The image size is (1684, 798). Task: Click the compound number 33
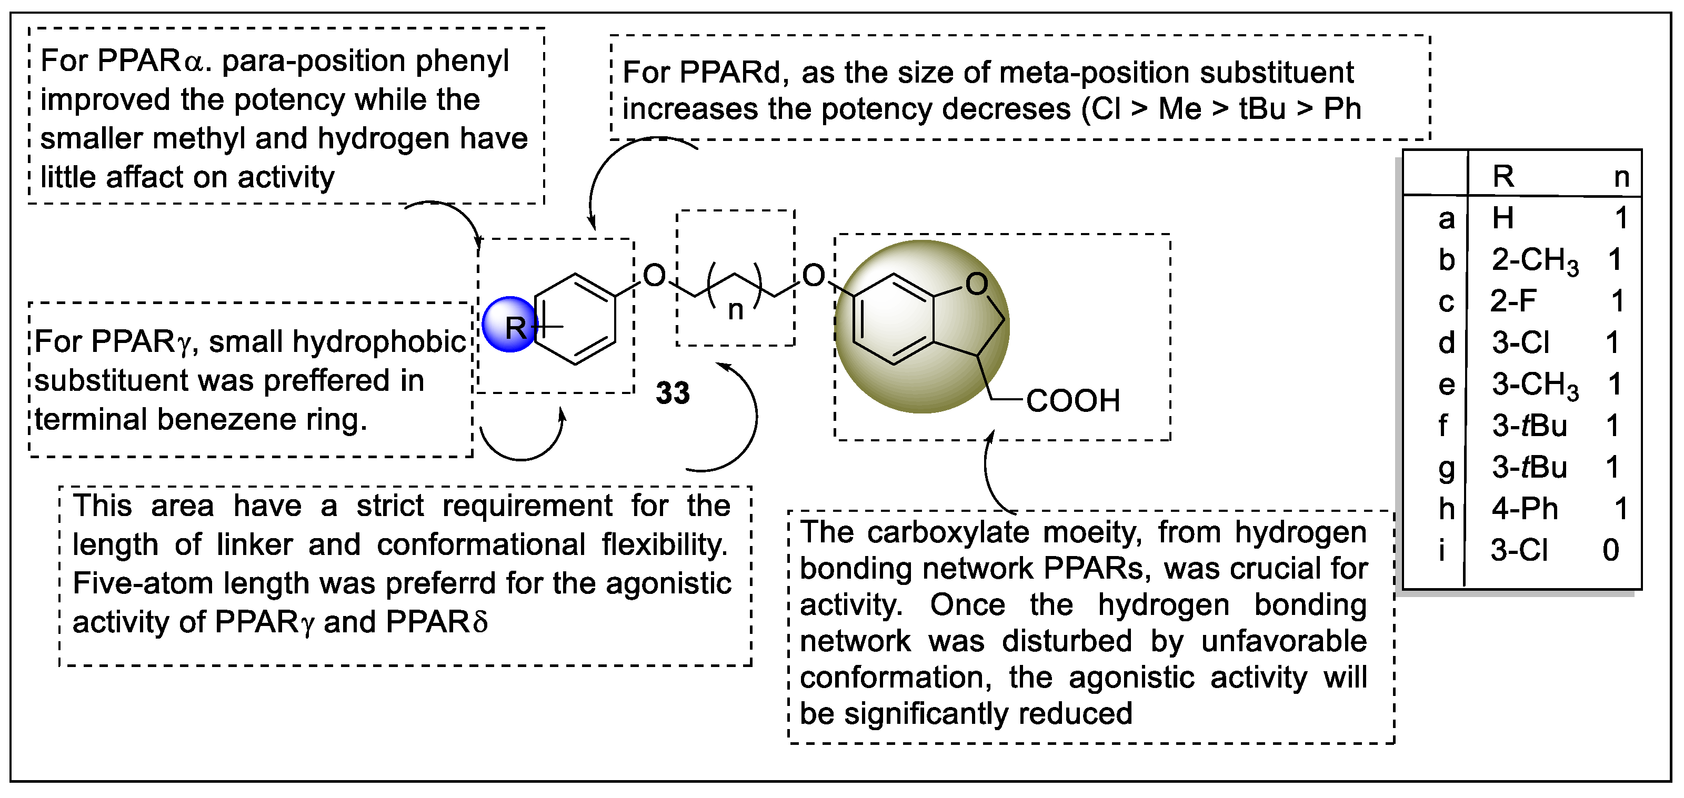673,393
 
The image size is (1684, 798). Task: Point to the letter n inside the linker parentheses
736,310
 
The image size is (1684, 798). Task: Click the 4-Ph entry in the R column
1525,509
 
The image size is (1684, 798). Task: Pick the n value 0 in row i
1611,550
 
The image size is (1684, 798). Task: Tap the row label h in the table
1447,509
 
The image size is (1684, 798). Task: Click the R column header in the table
1503,176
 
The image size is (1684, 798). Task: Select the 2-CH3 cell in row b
1535,260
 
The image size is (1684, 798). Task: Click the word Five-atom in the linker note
143,583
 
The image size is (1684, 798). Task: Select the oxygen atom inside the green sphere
977,284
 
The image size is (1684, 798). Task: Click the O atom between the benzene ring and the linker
654,275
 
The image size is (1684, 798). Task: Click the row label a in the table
1447,218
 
